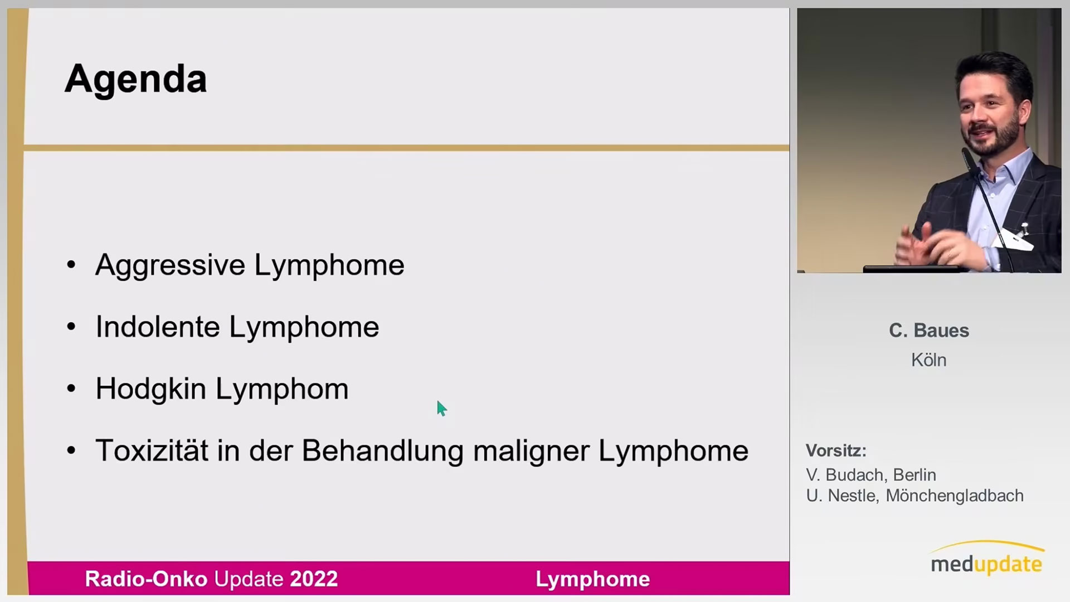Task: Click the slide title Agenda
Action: click(135, 79)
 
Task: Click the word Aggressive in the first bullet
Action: click(170, 265)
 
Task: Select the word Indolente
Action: click(158, 327)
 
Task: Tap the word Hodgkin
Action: click(150, 389)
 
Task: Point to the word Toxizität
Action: click(152, 450)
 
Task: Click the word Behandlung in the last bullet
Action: click(382, 451)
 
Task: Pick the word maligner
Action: click(531, 452)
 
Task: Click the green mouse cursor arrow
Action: click(441, 409)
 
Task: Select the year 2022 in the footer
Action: click(314, 579)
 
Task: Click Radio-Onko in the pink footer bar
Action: click(146, 579)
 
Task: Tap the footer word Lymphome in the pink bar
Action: click(592, 579)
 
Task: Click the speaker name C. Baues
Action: click(929, 331)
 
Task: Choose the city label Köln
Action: click(929, 360)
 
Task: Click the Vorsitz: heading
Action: click(836, 450)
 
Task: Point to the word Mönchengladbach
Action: click(955, 496)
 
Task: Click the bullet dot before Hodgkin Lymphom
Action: click(71, 389)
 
